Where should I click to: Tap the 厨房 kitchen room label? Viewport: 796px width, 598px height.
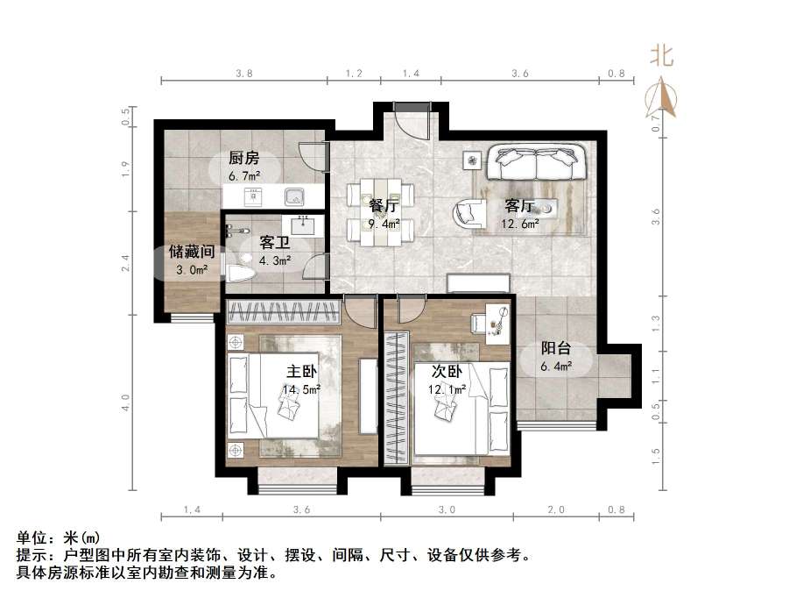coord(244,159)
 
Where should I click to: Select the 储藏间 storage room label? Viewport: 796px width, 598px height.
coord(192,252)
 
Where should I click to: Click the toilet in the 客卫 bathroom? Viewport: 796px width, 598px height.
coord(240,273)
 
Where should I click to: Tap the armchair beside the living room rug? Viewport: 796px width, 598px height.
coord(468,213)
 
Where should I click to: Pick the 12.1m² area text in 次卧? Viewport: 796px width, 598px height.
coord(448,388)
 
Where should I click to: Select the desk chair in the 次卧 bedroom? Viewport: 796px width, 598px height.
coord(480,323)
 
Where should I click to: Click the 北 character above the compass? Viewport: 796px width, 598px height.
coord(661,57)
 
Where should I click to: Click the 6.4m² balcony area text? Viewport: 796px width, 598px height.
coord(556,367)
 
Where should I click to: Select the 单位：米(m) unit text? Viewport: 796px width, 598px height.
coord(59,537)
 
